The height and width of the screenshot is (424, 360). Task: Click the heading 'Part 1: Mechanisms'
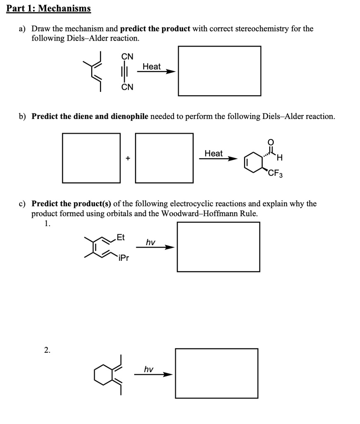(x=48, y=8)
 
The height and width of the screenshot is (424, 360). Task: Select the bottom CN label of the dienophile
(x=127, y=87)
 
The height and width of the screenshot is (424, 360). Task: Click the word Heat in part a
(x=151, y=66)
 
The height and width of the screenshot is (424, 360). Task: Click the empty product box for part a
(x=219, y=71)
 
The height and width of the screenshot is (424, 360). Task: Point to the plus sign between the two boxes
(x=128, y=158)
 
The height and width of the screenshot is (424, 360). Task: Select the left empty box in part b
(x=91, y=158)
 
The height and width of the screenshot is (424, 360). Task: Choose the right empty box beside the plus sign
(x=164, y=158)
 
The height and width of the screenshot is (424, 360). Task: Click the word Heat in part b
(x=213, y=153)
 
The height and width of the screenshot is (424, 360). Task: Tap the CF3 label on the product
(x=275, y=173)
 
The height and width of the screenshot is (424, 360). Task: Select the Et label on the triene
(x=121, y=237)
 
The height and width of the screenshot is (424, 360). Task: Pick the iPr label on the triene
(x=123, y=258)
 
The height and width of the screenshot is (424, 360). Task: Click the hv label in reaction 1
(x=150, y=242)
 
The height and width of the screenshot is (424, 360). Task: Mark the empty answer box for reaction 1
(x=218, y=247)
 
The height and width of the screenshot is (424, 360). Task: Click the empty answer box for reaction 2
(x=216, y=373)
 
